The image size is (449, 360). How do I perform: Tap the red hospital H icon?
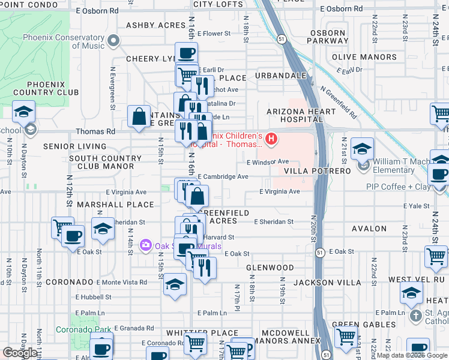[x=271, y=140]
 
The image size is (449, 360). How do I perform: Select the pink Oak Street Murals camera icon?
[x=145, y=245]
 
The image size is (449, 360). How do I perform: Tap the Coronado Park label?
[x=84, y=329]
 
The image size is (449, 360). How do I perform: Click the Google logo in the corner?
[x=20, y=353]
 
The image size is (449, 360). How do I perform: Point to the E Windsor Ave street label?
[x=268, y=162]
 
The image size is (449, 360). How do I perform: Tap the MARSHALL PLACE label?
[x=124, y=205]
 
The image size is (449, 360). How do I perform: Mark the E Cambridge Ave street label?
[x=223, y=177]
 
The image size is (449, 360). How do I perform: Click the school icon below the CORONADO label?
[x=175, y=284]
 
